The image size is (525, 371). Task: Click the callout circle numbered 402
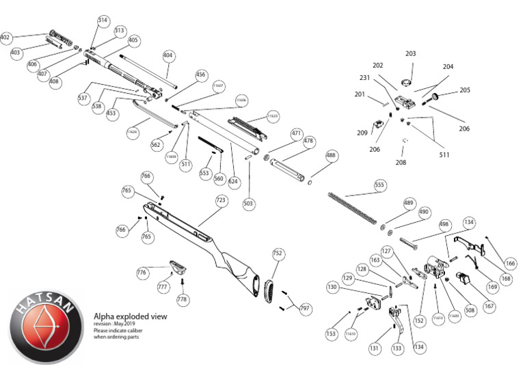point(6,37)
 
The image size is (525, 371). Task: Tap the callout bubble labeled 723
point(221,201)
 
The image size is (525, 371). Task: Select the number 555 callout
point(379,185)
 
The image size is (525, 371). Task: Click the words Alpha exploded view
point(130,317)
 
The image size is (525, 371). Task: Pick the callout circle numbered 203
point(410,53)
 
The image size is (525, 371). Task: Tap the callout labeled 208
point(401,163)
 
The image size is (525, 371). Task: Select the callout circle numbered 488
point(332,156)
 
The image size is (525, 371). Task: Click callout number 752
point(278,253)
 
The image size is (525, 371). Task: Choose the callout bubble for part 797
point(305,309)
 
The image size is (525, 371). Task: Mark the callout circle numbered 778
point(182,299)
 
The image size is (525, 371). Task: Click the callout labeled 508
point(470,310)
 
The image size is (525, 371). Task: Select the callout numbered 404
point(168,55)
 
